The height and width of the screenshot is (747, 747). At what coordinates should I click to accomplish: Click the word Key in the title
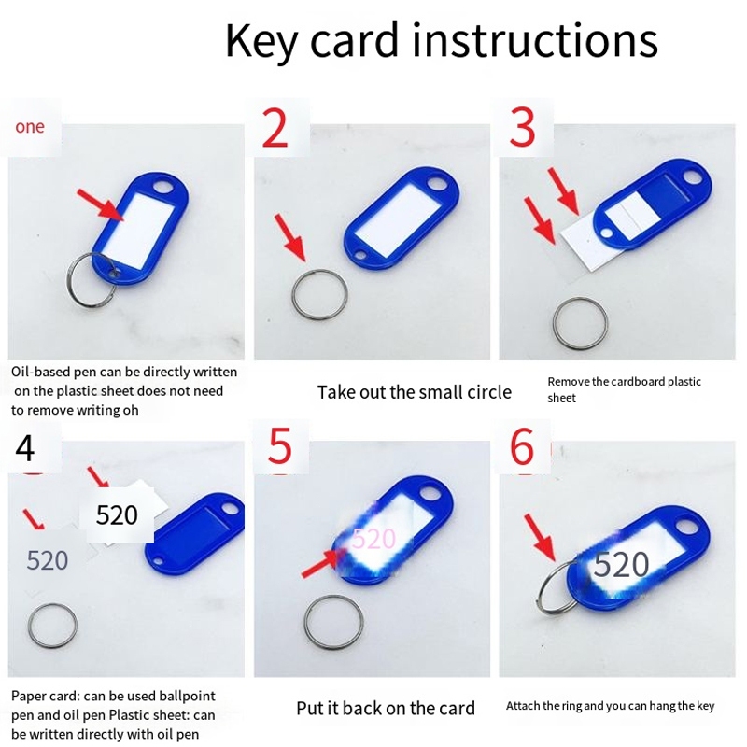pyautogui.click(x=261, y=42)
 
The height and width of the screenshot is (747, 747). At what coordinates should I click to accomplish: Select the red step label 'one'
pyautogui.click(x=30, y=127)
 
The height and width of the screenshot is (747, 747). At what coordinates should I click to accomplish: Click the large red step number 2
pyautogui.click(x=275, y=128)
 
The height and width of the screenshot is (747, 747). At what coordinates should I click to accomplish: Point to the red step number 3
pyautogui.click(x=523, y=127)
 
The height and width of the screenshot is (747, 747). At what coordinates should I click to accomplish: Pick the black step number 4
pyautogui.click(x=25, y=448)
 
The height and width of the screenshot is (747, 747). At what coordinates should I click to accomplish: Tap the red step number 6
pyautogui.click(x=522, y=447)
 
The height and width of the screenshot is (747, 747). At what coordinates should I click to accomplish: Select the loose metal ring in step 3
pyautogui.click(x=555, y=324)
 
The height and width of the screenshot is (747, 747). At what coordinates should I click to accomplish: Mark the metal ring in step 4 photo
pyautogui.click(x=30, y=626)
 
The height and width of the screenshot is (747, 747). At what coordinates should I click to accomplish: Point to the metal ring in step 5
pyautogui.click(x=306, y=624)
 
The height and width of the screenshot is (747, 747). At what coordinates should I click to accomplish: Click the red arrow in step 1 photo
pyautogui.click(x=101, y=204)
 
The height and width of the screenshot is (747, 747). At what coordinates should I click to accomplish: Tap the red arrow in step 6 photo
pyautogui.click(x=541, y=537)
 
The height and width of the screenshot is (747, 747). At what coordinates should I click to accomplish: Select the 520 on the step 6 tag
pyautogui.click(x=621, y=565)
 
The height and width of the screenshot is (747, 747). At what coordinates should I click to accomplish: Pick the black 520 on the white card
pyautogui.click(x=117, y=515)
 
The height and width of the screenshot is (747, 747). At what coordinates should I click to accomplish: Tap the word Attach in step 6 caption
pyautogui.click(x=518, y=706)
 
